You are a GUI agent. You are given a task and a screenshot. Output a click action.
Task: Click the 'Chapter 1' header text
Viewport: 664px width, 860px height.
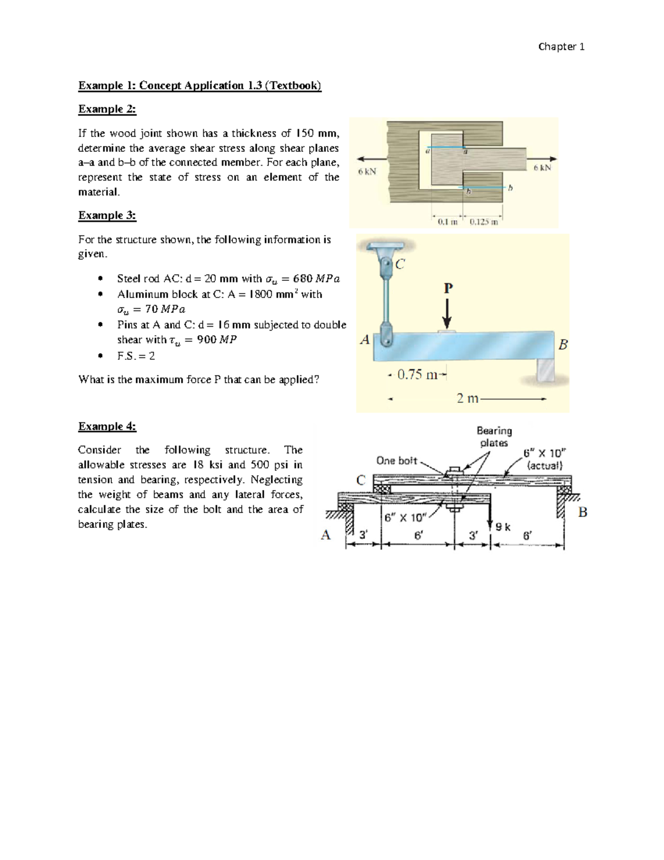561,47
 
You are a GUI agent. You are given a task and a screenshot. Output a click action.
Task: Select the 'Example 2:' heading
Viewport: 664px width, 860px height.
107,109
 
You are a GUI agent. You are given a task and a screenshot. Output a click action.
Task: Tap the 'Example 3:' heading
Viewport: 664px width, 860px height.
107,215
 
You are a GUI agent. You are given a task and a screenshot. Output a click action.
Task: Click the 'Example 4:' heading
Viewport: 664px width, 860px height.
107,426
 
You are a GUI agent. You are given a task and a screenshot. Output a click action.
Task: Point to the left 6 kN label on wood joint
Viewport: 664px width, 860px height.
367,172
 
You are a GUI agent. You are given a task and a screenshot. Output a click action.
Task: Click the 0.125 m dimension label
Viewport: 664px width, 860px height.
484,222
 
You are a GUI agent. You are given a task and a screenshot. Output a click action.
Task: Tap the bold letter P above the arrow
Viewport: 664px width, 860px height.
448,288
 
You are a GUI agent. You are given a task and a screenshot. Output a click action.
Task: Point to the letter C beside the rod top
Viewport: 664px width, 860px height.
400,264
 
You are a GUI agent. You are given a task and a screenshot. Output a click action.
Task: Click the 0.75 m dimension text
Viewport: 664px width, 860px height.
417,375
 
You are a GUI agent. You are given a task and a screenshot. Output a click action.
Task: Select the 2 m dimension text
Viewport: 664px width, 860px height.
468,398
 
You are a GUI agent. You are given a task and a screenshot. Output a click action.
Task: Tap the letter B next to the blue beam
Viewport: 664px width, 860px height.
563,344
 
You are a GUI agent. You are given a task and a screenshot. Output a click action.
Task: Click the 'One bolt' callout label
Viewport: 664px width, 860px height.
396,461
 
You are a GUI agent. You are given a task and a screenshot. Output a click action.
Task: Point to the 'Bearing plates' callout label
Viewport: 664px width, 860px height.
494,436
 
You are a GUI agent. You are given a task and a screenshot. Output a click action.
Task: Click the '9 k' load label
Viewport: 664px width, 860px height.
503,527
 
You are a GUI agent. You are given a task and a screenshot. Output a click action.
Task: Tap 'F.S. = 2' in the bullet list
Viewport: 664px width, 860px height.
136,356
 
